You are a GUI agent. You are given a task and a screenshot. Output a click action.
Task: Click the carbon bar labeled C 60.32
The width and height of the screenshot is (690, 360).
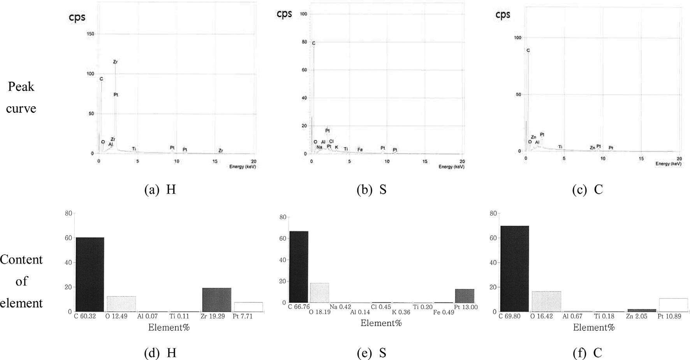[x=90, y=274]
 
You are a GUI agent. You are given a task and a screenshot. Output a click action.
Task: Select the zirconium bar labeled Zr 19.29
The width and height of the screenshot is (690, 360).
[x=217, y=300]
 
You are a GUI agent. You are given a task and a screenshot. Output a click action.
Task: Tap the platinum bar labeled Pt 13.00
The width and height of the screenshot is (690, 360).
[x=465, y=296]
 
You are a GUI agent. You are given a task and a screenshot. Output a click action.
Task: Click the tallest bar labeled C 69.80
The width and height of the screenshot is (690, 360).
[x=514, y=269]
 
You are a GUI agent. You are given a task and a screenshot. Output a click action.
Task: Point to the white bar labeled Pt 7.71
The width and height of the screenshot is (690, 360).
[x=248, y=307]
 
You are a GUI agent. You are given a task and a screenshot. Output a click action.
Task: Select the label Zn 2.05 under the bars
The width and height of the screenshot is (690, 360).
[x=637, y=316]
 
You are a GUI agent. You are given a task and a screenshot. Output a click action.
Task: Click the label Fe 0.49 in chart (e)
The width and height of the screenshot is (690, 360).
[x=444, y=312]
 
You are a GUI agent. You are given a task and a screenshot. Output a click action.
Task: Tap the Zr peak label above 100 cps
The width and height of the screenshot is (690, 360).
[x=115, y=62]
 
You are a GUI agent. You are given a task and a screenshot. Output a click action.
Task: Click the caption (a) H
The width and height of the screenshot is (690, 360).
[x=160, y=190]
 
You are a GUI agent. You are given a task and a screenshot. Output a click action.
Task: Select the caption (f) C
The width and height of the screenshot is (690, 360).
[x=587, y=353]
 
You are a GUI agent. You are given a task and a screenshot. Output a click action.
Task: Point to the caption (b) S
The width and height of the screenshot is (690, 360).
[x=371, y=190]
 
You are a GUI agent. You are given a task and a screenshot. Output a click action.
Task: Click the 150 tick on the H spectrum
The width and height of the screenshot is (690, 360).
[x=90, y=34]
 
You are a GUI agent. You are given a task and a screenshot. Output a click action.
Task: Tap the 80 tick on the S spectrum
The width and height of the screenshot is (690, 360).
[x=304, y=42]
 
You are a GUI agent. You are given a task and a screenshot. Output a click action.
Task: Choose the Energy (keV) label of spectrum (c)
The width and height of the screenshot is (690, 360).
[x=668, y=164]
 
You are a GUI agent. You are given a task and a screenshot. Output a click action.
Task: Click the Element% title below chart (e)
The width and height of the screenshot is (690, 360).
[x=381, y=323]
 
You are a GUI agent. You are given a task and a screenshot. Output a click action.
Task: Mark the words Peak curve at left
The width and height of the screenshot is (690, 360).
[x=21, y=97]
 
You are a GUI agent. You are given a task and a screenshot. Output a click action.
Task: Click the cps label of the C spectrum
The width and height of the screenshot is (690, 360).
[x=503, y=14]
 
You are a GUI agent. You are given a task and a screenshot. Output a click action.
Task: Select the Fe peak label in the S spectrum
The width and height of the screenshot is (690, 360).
[x=360, y=149]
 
